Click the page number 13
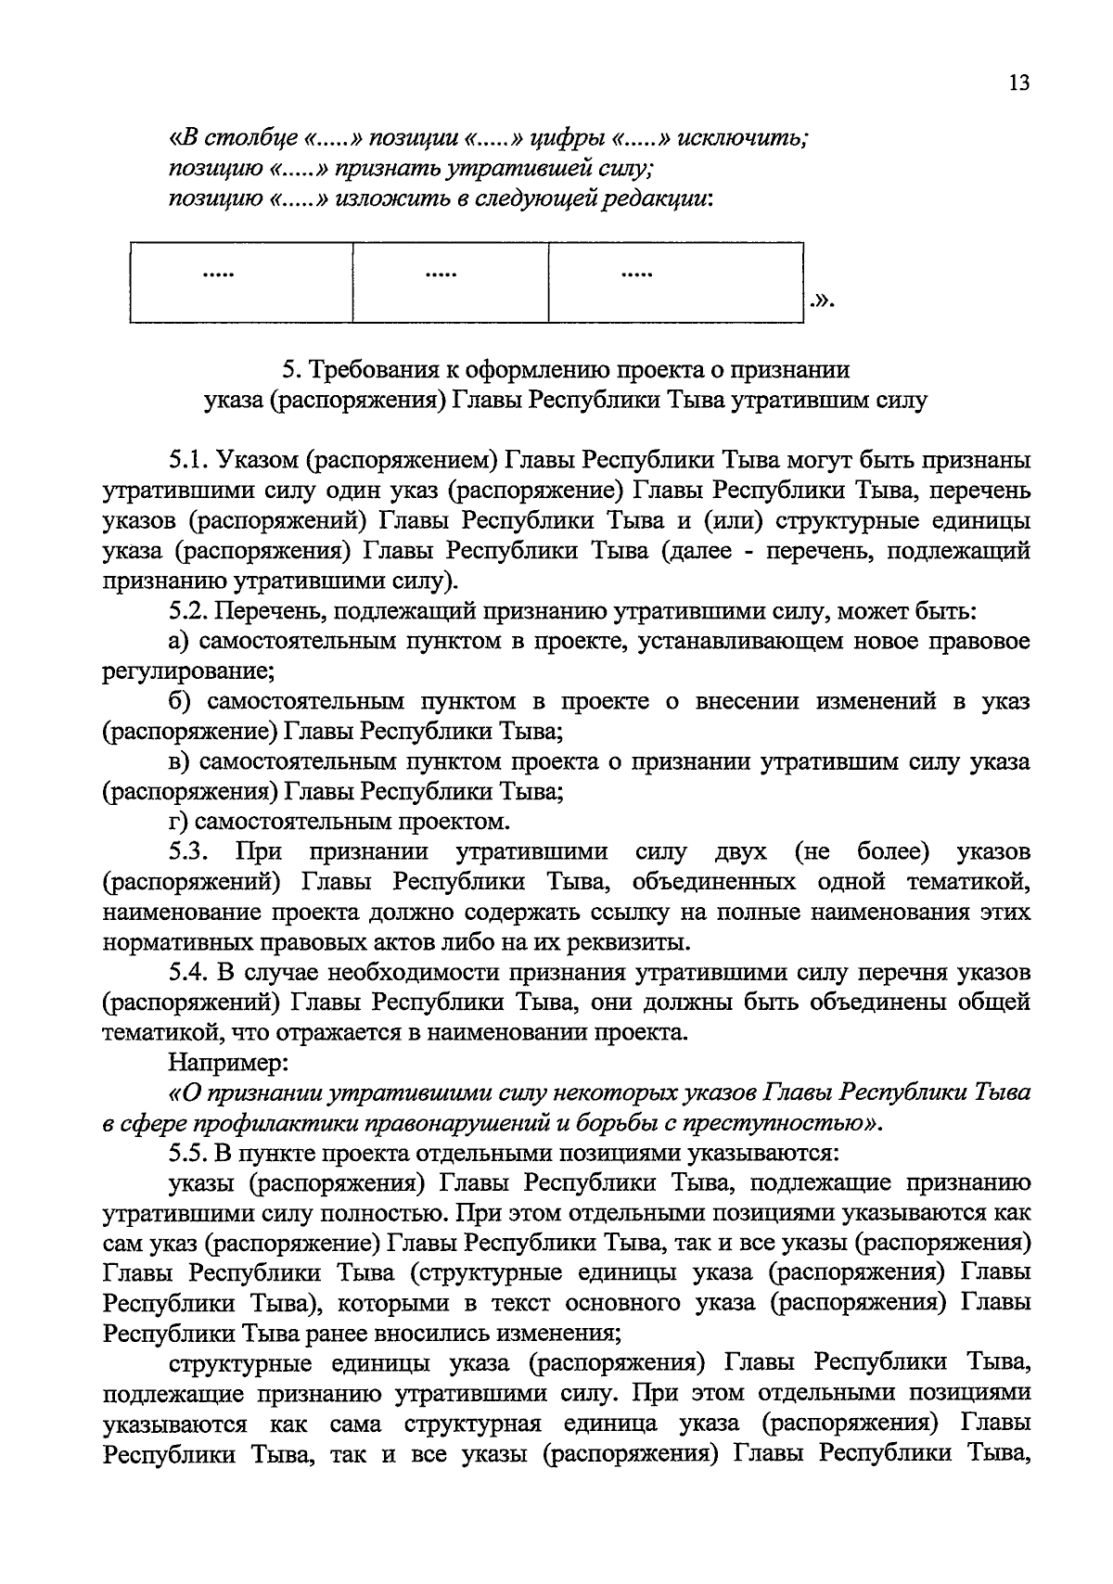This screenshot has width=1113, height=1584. pyautogui.click(x=1017, y=83)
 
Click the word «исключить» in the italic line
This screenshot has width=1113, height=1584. pyautogui.click(x=743, y=139)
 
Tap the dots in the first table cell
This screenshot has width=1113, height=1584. pyautogui.click(x=219, y=274)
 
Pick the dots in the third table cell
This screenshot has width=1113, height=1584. pyautogui.click(x=636, y=274)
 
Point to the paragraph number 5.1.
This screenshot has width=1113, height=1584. pyautogui.click(x=188, y=460)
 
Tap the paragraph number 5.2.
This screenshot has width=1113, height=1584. pyautogui.click(x=188, y=611)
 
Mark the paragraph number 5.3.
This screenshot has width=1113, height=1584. pyautogui.click(x=188, y=852)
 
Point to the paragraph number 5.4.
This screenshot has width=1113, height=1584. pyautogui.click(x=188, y=973)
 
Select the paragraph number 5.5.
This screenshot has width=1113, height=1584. pyautogui.click(x=188, y=1154)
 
